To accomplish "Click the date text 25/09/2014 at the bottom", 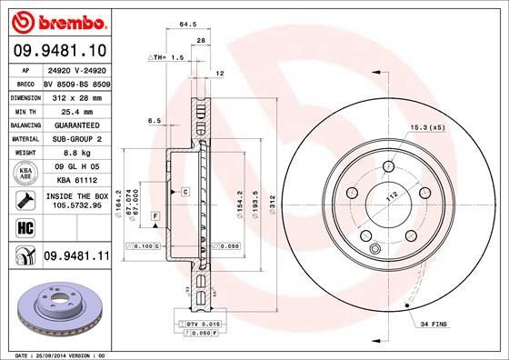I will click(x=55, y=353).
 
